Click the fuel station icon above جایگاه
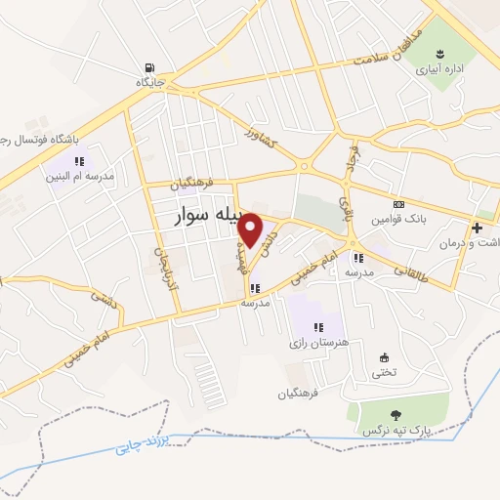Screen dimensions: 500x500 [147, 68]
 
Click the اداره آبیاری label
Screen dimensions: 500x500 [441, 70]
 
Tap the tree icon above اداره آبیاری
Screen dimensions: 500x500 [441, 53]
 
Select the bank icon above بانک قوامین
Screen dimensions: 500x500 [398, 204]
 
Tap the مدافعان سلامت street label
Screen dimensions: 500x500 [390, 52]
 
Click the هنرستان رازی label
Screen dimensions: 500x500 [312, 343]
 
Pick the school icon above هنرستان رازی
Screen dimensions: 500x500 [317, 327]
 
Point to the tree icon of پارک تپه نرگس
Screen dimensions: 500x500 [396, 414]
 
